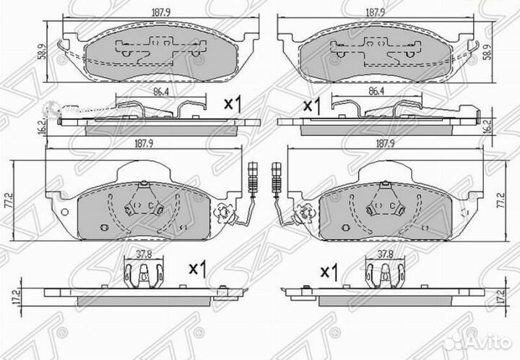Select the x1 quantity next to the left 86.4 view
point(232,103)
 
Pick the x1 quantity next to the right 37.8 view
point(329,272)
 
